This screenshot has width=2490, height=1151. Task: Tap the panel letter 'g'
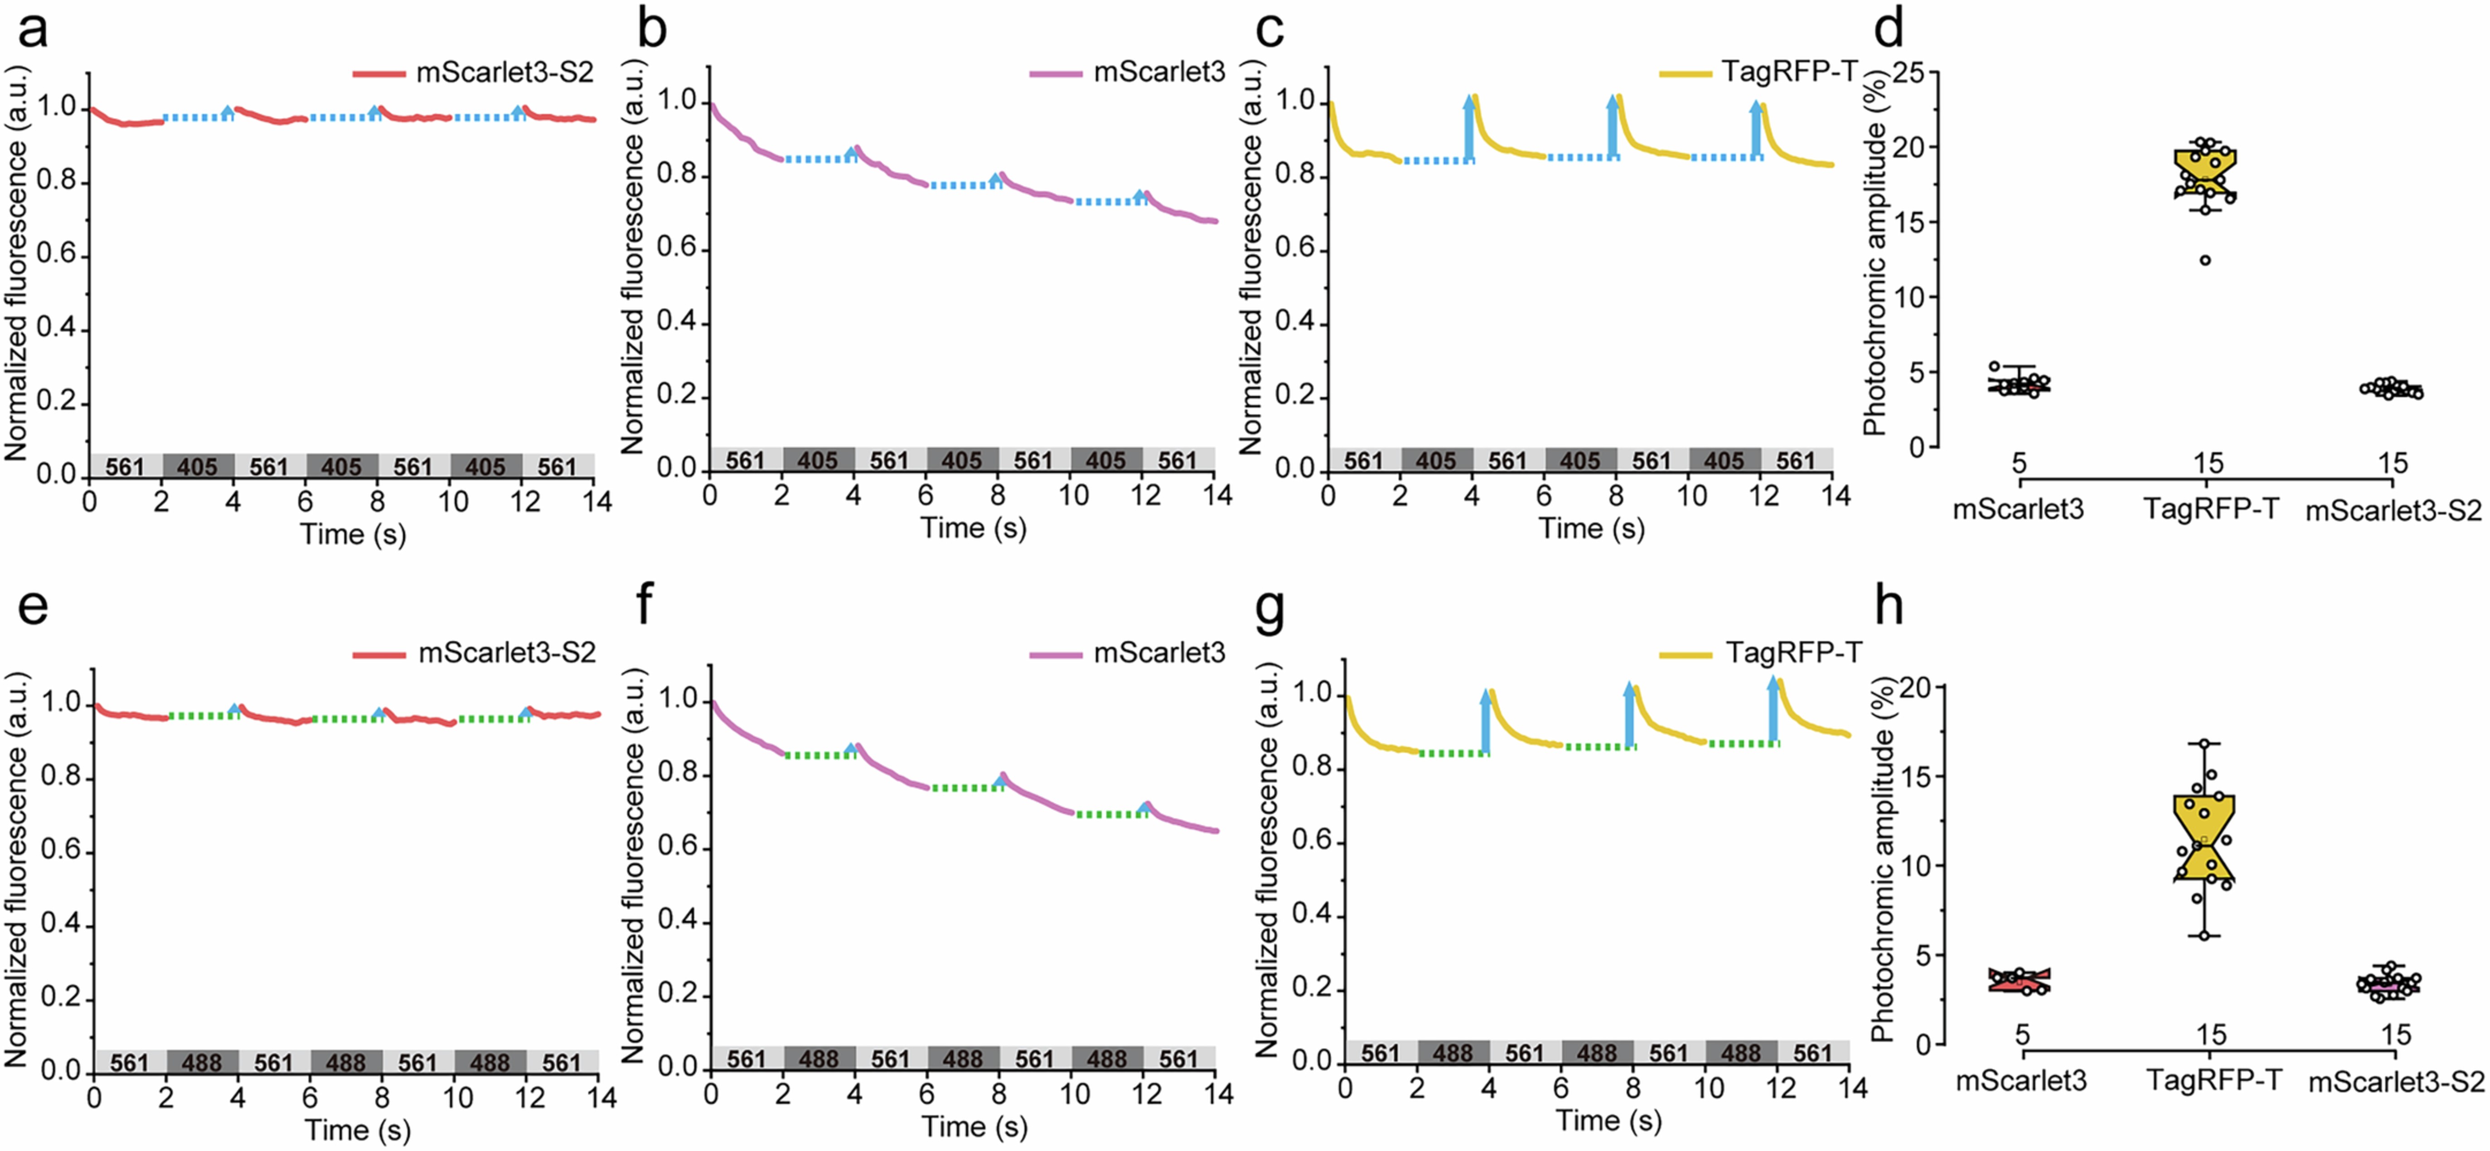(1269, 611)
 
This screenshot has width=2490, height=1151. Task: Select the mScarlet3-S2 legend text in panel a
(504, 73)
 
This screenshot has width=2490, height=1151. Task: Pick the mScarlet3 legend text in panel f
(1159, 653)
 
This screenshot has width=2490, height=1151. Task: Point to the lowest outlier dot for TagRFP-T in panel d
(2205, 260)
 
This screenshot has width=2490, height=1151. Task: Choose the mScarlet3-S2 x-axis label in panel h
(2395, 1081)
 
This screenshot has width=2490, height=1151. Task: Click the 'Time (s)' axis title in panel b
(973, 527)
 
